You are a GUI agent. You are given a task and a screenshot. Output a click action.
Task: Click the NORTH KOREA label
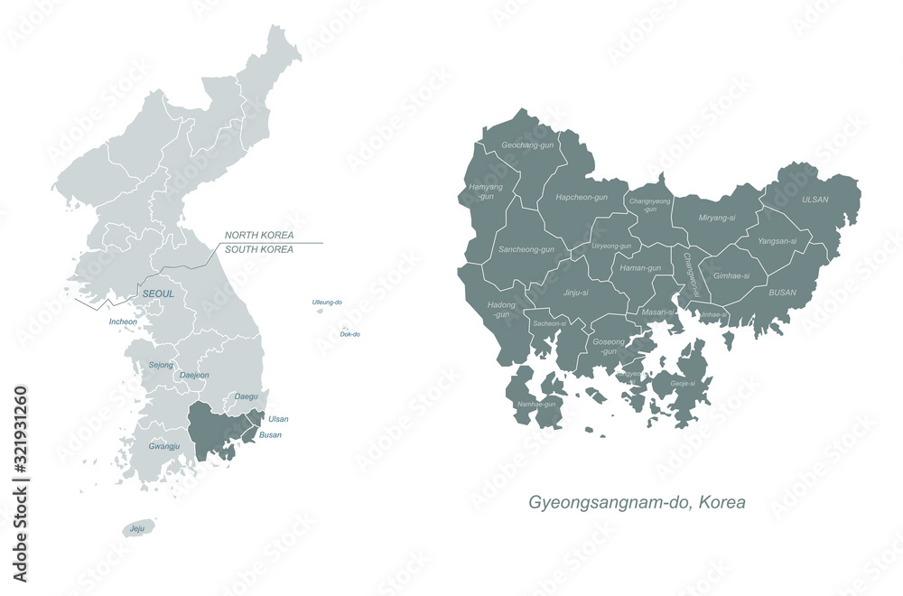pos(259,235)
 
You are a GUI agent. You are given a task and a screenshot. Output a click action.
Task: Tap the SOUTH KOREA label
pos(259,249)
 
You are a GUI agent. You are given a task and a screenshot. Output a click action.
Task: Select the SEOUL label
pos(157,294)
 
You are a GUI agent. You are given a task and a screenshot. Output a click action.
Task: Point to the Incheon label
pos(123,321)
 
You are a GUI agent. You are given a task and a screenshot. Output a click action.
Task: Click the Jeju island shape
pos(139,527)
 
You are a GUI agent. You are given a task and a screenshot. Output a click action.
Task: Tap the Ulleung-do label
pos(327,302)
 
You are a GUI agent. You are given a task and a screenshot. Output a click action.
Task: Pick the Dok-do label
pos(350,334)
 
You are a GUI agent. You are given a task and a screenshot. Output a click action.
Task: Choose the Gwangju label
pos(164,446)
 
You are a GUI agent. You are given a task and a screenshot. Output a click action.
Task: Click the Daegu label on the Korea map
pos(246,396)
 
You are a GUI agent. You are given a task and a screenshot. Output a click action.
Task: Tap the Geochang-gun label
pos(528,144)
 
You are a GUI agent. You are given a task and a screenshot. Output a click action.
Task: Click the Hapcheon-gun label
pos(582,197)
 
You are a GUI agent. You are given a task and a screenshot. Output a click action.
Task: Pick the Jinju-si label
pos(575,293)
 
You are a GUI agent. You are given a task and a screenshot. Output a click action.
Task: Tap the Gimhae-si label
pos(731,275)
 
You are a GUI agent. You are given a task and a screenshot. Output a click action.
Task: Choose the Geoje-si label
pos(682,384)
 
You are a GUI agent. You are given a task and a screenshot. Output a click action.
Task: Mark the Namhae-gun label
pos(536,404)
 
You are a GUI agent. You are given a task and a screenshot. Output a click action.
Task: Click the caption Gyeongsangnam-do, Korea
pos(637,502)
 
